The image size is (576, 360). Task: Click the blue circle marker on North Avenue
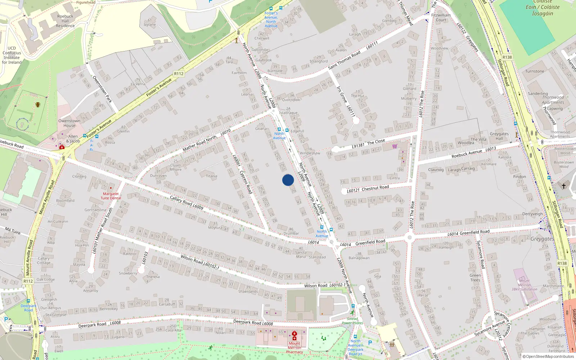(x=288, y=180)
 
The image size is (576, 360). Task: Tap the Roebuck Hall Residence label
(x=65, y=21)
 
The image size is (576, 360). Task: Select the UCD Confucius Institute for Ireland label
(x=12, y=55)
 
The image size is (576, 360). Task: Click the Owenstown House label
(x=69, y=123)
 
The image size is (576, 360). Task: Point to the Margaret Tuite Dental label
(x=111, y=196)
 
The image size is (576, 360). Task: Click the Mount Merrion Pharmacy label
(x=294, y=348)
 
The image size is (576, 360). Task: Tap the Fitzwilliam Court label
(x=441, y=17)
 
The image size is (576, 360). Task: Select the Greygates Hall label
(x=499, y=136)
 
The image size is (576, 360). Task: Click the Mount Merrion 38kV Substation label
(x=524, y=285)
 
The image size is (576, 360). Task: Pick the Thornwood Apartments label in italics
(x=553, y=100)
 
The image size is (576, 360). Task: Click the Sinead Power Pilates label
(x=352, y=321)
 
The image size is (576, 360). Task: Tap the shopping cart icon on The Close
(x=395, y=146)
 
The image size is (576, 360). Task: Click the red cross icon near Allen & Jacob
(x=62, y=147)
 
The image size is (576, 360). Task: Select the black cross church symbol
(x=564, y=186)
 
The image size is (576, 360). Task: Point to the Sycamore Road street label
(x=481, y=255)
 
